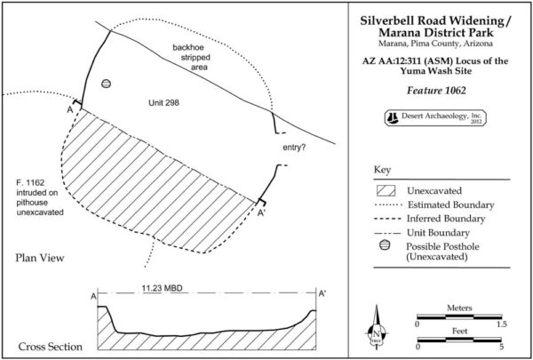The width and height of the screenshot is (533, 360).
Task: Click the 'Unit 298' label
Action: pyautogui.click(x=164, y=104)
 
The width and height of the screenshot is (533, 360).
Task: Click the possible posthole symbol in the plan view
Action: pyautogui.click(x=106, y=84)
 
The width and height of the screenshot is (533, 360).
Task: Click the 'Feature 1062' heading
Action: pyautogui.click(x=430, y=91)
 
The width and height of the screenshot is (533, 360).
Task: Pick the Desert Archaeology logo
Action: pyautogui.click(x=430, y=117)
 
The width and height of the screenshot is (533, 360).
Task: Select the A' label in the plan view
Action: pyautogui.click(x=260, y=213)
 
